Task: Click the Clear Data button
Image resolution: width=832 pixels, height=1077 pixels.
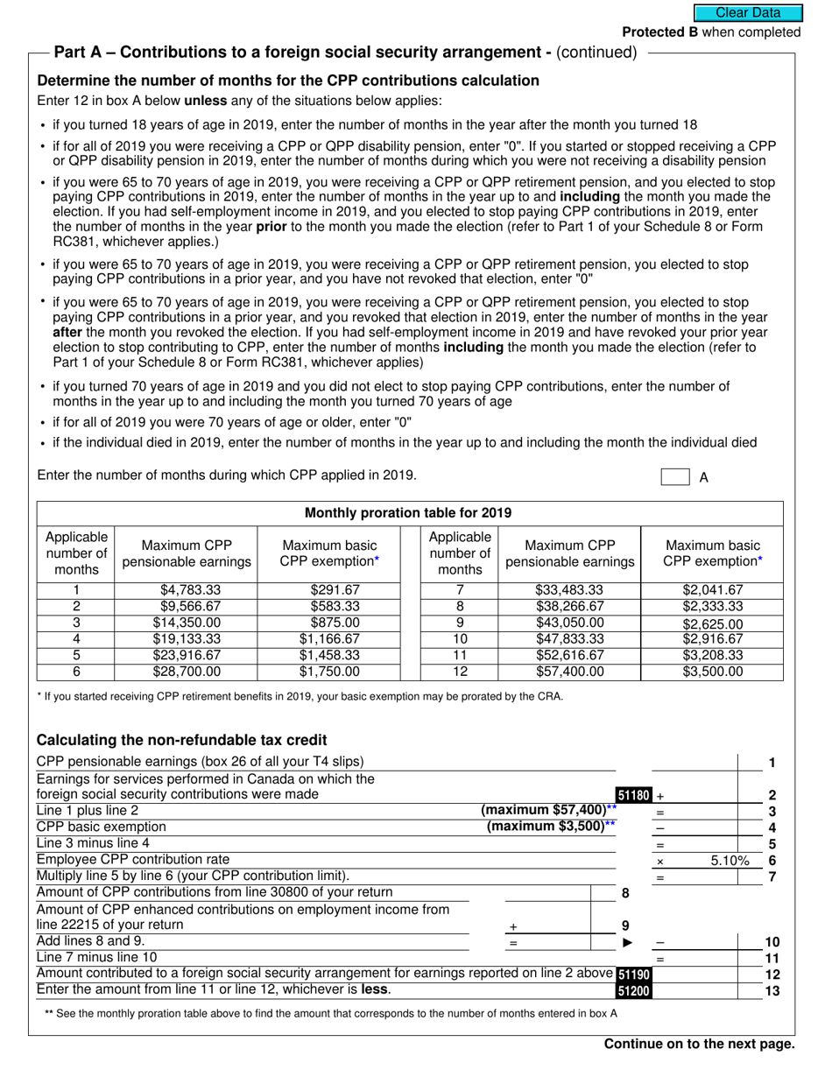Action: pos(748,12)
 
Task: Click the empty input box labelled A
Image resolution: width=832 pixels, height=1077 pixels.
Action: pos(674,477)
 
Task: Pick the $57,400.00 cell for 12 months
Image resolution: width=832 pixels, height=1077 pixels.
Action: pos(569,672)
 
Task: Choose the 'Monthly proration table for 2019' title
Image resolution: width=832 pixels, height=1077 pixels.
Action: pos(408,513)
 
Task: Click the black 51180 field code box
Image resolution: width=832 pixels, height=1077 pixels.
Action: pos(634,795)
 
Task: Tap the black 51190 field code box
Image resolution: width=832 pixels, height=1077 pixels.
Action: pos(634,975)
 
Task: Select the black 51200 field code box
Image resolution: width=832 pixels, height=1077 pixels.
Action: pos(634,991)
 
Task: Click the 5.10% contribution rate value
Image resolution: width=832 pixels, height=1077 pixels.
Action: pos(730,861)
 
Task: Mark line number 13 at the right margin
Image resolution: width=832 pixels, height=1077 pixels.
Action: pos(772,991)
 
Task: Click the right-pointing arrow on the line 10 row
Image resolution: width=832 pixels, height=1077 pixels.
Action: pos(627,942)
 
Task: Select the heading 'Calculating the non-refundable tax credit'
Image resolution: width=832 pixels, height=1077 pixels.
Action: pos(181,740)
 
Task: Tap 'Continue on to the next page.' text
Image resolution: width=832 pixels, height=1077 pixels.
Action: pos(699,1044)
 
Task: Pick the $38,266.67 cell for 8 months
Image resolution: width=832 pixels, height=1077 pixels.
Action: pos(569,606)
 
